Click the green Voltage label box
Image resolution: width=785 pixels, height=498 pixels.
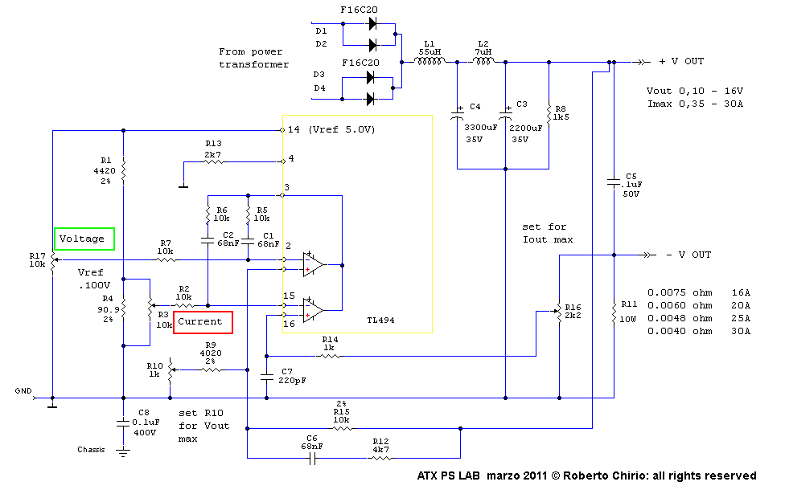point(84,239)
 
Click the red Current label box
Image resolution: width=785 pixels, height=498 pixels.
point(203,322)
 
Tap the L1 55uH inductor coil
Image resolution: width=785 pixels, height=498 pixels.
point(428,61)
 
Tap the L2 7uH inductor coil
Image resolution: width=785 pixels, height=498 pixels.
point(483,61)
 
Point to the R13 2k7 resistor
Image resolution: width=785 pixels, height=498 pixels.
point(212,161)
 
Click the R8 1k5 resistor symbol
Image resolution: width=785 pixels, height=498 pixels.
point(549,113)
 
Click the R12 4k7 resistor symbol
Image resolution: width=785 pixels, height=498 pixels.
point(380,459)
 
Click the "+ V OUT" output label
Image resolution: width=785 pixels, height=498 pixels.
point(681,62)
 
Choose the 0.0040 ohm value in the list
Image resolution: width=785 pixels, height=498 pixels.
point(680,329)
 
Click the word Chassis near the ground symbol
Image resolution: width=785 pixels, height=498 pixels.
point(91,450)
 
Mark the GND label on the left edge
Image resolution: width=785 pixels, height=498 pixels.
point(23,391)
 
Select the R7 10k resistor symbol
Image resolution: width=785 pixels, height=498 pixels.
point(166,259)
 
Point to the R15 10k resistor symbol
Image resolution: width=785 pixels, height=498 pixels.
point(342,428)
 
